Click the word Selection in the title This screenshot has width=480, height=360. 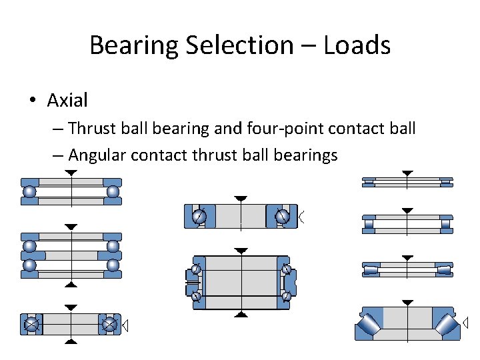click(x=236, y=45)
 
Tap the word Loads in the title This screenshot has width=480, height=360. click(x=357, y=45)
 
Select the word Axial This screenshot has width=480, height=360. click(x=67, y=101)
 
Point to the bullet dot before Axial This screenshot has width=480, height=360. click(x=31, y=101)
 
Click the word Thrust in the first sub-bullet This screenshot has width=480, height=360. click(x=93, y=127)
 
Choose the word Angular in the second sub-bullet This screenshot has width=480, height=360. click(x=97, y=155)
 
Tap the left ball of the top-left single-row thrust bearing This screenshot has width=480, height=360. click(x=30, y=192)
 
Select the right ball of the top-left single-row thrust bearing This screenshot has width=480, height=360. click(x=113, y=192)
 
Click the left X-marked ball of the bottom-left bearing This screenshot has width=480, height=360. click(x=31, y=325)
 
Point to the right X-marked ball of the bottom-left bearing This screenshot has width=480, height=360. click(x=109, y=325)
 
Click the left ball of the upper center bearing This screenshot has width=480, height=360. click(x=199, y=217)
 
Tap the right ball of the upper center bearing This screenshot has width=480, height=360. click(x=283, y=217)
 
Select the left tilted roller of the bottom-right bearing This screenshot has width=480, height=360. click(x=371, y=325)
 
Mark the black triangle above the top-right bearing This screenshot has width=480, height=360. click(x=407, y=173)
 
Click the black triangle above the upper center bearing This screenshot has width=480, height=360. click(x=241, y=199)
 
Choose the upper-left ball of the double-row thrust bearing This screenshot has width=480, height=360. click(x=30, y=247)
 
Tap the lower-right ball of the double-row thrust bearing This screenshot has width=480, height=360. click(x=113, y=265)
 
